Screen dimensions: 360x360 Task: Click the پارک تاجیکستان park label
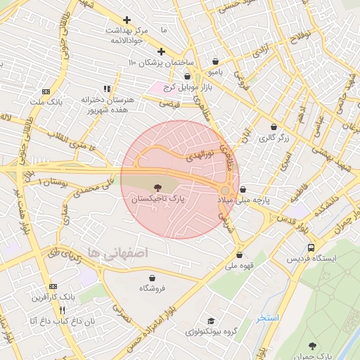157,200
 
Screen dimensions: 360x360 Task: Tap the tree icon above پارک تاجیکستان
157,188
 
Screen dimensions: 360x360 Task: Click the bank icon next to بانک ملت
46,91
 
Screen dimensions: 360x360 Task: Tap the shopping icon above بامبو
214,61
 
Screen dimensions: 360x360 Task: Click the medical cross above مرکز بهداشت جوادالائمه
127,20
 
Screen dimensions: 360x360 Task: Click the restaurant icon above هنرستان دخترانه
107,89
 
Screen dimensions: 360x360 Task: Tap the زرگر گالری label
274,138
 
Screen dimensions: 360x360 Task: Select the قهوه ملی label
240,266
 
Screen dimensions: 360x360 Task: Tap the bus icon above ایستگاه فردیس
311,247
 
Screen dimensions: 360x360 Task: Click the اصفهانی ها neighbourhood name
112,252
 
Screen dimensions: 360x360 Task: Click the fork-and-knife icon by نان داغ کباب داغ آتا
62,310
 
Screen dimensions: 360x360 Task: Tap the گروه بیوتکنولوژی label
210,331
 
